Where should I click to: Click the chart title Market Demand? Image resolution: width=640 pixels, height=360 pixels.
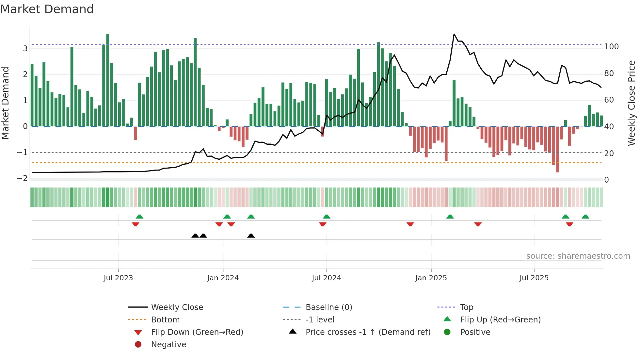click(x=47, y=9)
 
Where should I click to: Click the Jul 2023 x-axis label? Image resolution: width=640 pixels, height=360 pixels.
click(x=118, y=278)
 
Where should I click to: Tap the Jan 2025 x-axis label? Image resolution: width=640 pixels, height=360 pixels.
click(x=431, y=278)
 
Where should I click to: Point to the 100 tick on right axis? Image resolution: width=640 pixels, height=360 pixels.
click(x=611, y=47)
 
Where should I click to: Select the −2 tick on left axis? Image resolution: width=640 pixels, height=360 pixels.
click(x=22, y=178)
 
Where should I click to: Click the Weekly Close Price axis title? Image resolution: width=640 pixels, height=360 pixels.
click(x=632, y=103)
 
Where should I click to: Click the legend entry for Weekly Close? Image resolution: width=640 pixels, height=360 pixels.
click(x=177, y=307)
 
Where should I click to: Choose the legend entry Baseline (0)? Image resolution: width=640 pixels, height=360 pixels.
click(x=328, y=307)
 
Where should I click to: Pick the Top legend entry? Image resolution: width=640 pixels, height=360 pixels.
click(x=466, y=307)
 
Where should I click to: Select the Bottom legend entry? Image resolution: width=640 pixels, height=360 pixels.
click(x=165, y=320)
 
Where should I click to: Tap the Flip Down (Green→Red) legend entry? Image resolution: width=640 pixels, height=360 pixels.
click(x=197, y=332)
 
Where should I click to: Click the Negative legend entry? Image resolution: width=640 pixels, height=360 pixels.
click(x=168, y=345)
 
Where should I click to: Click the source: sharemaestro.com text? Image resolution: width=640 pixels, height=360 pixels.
click(x=578, y=256)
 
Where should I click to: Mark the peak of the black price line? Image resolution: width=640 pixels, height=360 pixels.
click(x=454, y=34)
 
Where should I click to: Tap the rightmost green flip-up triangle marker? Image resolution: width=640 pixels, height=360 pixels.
click(x=585, y=217)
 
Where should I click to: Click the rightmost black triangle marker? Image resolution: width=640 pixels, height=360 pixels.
click(x=251, y=236)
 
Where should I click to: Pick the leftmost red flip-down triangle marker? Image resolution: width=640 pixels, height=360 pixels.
click(x=136, y=224)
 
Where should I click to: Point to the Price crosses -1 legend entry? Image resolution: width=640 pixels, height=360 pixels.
click(x=368, y=332)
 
